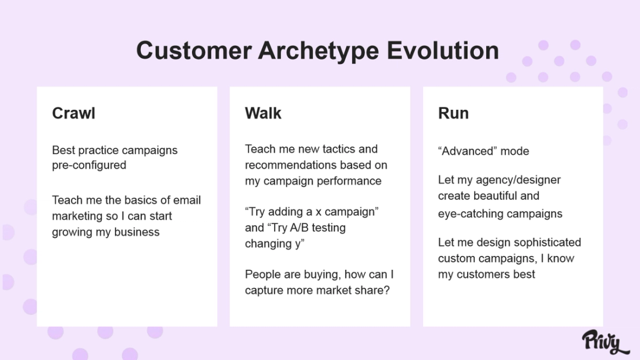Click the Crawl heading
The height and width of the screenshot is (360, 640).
pyautogui.click(x=73, y=113)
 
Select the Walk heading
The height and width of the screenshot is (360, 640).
pyautogui.click(x=263, y=113)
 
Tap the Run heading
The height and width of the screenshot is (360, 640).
pyautogui.click(x=453, y=113)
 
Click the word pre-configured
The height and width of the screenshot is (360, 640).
pyautogui.click(x=89, y=165)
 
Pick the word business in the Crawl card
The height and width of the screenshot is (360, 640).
pyautogui.click(x=137, y=232)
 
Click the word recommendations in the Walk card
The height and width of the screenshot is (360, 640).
pyautogui.click(x=293, y=165)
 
